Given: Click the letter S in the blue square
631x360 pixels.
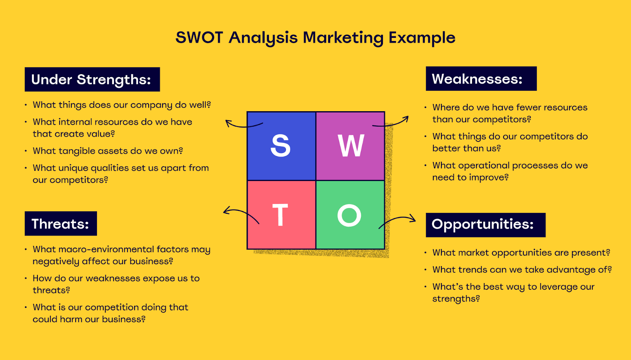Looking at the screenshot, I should [280, 146].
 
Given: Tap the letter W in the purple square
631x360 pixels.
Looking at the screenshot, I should [351, 146].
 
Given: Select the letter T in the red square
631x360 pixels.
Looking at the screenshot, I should [280, 215].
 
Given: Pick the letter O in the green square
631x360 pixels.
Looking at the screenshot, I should [349, 215].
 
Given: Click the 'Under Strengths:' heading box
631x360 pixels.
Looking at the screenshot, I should [92, 79].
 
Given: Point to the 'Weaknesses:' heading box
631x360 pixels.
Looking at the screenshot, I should [481, 79].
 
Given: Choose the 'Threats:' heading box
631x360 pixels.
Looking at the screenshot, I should [61, 224].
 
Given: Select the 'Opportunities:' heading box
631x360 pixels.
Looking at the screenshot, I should [485, 225].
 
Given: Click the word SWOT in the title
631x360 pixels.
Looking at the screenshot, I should [199, 38].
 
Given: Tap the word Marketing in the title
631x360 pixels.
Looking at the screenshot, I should [343, 38].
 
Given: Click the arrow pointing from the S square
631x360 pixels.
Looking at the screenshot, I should [242, 125].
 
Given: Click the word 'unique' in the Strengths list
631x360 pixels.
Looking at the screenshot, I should [73, 168].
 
